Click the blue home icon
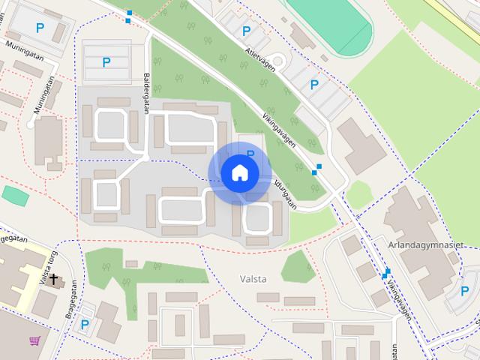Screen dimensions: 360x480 pos(239,173)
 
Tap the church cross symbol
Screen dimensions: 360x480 pos(53,280)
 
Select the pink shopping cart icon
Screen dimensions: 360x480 pos(34,340)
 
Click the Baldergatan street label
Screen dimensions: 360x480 pos(146,93)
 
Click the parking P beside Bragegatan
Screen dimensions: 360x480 pos(85,324)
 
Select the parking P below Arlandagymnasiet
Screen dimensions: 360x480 pos(464,291)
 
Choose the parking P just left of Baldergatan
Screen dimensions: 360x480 pos(106,63)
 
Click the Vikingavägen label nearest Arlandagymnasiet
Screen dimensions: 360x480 pos(398,301)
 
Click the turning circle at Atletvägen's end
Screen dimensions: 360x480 pos(277,60)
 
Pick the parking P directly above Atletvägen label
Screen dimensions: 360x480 pos(246,31)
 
